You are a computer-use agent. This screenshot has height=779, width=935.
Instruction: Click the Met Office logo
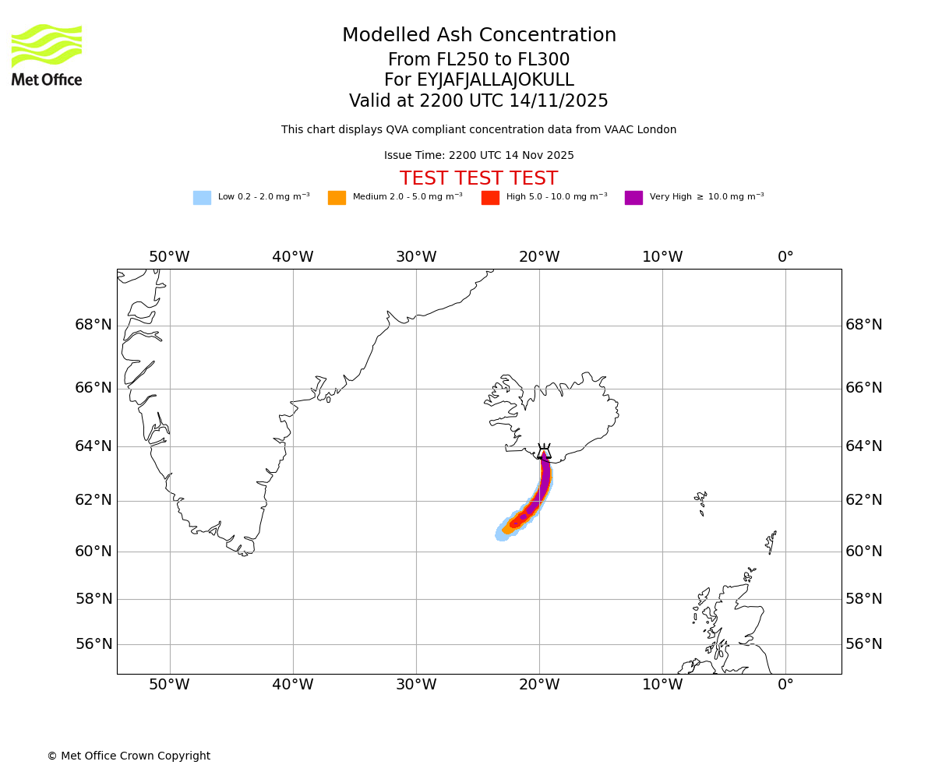[47, 55]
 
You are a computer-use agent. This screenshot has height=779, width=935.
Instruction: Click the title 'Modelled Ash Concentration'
[479, 36]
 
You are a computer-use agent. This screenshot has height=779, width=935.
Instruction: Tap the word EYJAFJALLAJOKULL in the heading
[496, 80]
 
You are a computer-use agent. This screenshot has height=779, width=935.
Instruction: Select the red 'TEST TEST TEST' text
[478, 178]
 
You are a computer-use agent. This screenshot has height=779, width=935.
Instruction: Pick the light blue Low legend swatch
[202, 197]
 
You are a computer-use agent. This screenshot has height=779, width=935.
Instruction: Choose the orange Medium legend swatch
[337, 197]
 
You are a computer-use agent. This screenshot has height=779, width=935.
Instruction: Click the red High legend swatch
[490, 197]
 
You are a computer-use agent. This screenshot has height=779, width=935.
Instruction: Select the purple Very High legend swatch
[633, 197]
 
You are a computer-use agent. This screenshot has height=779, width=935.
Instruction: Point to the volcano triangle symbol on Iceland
[544, 453]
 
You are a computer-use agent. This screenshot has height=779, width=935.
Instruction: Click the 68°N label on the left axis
[93, 325]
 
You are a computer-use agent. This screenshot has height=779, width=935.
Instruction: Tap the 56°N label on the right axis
[864, 643]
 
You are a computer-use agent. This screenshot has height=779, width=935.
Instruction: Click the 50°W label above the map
[169, 257]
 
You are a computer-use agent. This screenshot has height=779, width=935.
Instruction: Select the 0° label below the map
[785, 685]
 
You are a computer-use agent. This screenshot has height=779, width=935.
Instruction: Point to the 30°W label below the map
[416, 685]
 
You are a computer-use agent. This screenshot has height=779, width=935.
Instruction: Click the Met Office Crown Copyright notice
[129, 756]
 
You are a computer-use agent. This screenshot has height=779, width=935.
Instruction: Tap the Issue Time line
[478, 156]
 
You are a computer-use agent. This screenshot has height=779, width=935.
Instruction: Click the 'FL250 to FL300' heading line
[478, 60]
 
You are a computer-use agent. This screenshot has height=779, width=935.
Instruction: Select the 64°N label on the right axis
[864, 446]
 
